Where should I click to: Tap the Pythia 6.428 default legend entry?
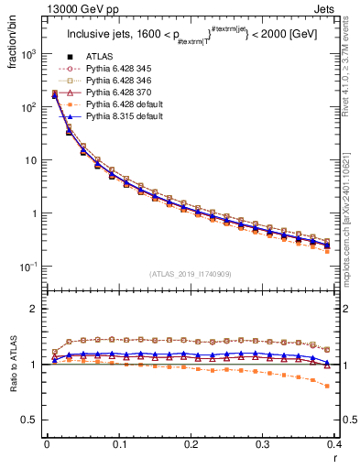click(x=124, y=104)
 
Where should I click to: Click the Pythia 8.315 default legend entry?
click(x=124, y=116)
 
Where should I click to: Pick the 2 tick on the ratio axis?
click(x=37, y=309)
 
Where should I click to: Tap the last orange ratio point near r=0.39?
click(x=327, y=386)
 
